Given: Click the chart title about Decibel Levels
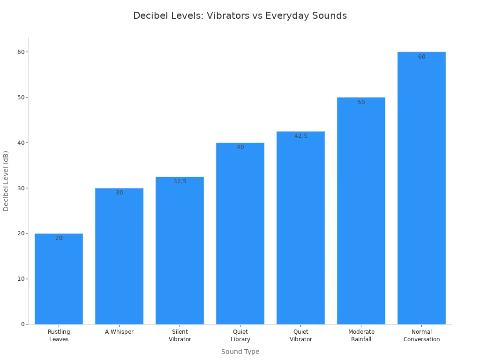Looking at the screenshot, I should click(x=240, y=15).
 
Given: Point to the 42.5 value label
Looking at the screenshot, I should click(x=300, y=136).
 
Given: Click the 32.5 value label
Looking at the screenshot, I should click(x=180, y=181).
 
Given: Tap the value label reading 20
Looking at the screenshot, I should click(x=59, y=238).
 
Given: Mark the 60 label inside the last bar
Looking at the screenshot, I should click(x=421, y=57).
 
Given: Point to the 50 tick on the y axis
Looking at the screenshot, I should click(x=21, y=97).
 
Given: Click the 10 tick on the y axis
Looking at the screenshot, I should click(x=21, y=279).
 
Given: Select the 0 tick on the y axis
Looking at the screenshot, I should click(x=22, y=324).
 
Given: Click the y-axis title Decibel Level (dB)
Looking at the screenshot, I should click(x=6, y=180).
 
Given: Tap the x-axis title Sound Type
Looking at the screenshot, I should click(x=240, y=352).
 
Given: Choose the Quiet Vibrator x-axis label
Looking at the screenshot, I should click(x=300, y=335).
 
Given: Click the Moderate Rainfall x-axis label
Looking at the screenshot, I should click(x=361, y=335).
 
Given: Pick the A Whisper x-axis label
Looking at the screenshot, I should click(x=119, y=332).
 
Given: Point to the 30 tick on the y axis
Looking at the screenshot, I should click(x=21, y=188).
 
